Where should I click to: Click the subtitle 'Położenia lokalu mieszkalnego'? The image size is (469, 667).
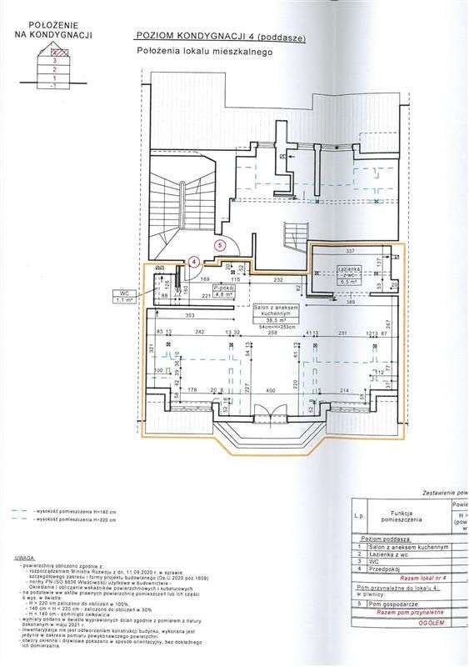click(x=206, y=52)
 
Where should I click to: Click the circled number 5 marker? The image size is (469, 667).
click(x=219, y=245)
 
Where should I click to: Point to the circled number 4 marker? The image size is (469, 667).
click(x=193, y=260)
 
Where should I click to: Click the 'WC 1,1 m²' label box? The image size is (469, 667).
click(x=124, y=293)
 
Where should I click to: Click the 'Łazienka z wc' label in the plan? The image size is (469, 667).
click(x=348, y=273)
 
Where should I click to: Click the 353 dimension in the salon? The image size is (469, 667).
click(x=190, y=317)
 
